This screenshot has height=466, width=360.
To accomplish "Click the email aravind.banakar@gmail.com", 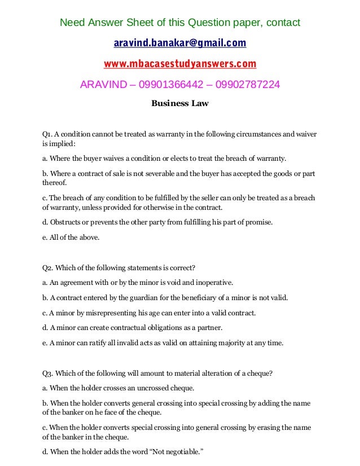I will (180, 43).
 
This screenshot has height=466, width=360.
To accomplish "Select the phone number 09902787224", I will (245, 85).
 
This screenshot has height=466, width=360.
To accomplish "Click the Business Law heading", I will (180, 103).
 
